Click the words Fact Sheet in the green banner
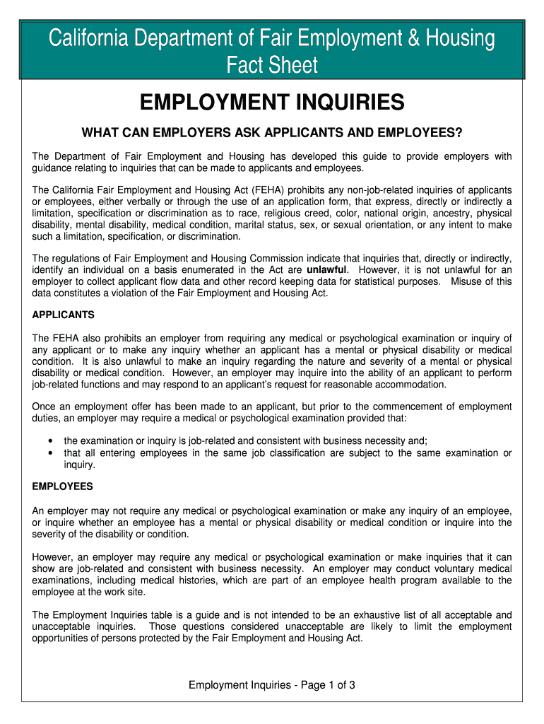coord(272,66)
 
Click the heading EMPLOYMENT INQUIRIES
coord(272,103)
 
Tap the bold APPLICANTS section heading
coord(64,315)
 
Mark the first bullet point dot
coord(50,440)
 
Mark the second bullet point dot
coord(50,453)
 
